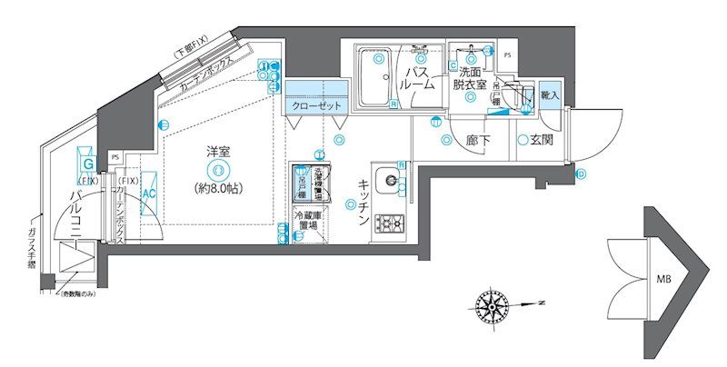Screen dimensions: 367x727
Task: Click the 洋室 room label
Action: [x=217, y=152]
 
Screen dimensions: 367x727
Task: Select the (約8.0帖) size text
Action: [x=217, y=188]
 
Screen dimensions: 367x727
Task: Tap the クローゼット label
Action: [x=316, y=106]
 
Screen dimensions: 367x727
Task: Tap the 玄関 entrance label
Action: [x=542, y=140]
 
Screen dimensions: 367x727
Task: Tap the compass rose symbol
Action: [x=491, y=302]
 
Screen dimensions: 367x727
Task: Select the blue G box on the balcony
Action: [x=88, y=164]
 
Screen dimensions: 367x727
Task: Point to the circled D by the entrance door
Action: [x=581, y=174]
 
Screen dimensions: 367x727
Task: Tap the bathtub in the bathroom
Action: [x=373, y=76]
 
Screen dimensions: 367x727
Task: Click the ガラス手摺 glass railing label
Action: [x=34, y=251]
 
